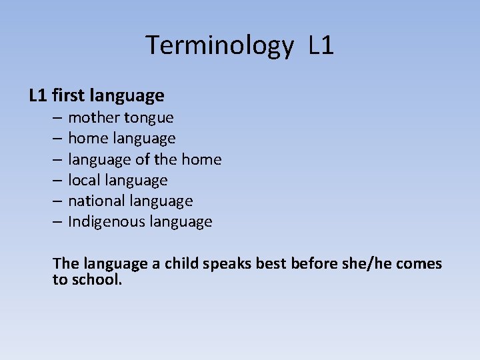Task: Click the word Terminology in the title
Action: [x=219, y=46]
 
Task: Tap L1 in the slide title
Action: [x=321, y=45]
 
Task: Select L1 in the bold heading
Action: [x=37, y=96]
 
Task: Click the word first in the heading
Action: [x=67, y=96]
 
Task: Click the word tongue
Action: [x=149, y=119]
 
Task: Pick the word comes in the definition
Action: [x=419, y=264]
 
